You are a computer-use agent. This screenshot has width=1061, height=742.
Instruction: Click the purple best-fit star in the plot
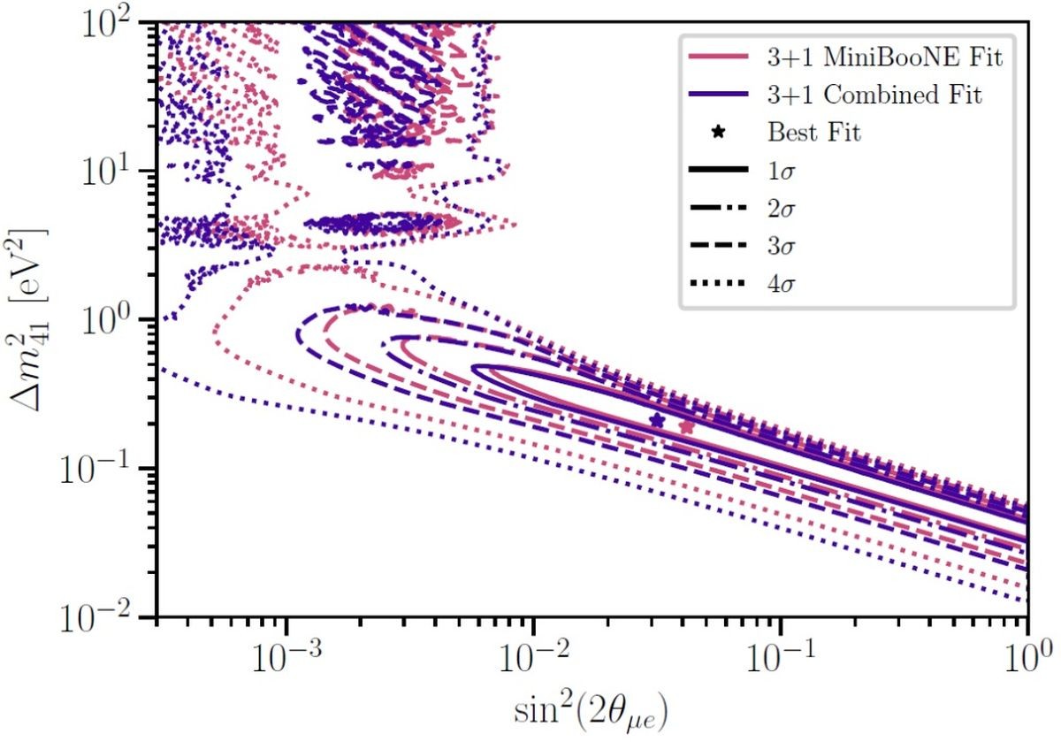click(656, 421)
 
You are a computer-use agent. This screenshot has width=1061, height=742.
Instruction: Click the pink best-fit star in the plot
click(686, 427)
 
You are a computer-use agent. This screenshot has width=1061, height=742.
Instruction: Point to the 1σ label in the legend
click(782, 171)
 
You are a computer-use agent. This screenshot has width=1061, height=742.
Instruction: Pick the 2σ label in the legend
click(782, 209)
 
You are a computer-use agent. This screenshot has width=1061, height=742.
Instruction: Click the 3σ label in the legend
click(782, 246)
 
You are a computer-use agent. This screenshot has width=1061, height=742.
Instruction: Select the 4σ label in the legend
click(782, 283)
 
